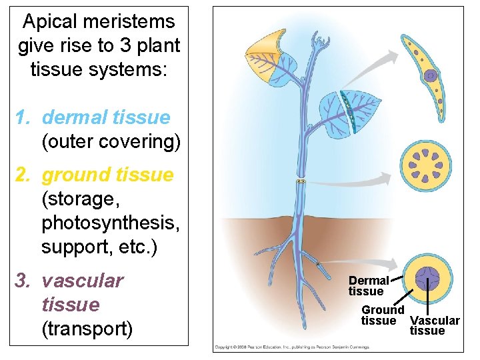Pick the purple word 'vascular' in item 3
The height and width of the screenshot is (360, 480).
click(x=83, y=281)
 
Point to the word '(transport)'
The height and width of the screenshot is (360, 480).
click(x=87, y=329)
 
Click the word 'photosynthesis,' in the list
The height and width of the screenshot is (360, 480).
click(x=110, y=223)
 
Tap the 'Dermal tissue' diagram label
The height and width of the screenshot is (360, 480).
click(x=368, y=286)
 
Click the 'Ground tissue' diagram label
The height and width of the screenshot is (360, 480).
click(x=383, y=315)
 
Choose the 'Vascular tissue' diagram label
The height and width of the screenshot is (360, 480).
click(x=434, y=325)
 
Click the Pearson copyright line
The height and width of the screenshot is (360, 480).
click(x=291, y=347)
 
